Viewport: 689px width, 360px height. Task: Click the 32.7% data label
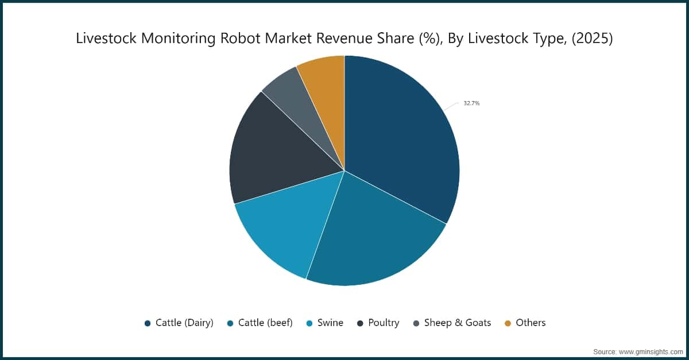click(471, 103)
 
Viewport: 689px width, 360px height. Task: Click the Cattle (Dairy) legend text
click(184, 323)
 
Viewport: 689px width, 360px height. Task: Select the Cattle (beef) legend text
click(265, 323)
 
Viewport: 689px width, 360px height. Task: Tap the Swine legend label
click(330, 323)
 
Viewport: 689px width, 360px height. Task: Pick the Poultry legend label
click(384, 323)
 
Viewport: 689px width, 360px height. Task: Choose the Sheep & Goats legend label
click(458, 323)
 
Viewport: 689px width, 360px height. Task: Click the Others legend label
click(531, 323)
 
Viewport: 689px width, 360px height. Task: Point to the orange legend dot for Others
click(508, 323)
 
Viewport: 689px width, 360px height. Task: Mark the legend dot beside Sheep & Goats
click(416, 323)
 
